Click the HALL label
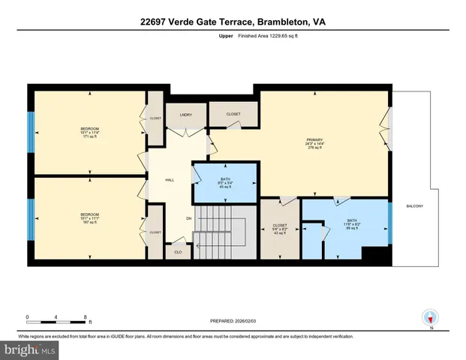coord(170,180)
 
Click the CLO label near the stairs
coord(178,252)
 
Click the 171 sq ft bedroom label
coord(89,133)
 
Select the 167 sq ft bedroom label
coord(89,218)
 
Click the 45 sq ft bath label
coord(224,183)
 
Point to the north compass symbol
coord(430,318)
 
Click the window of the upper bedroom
coord(31,132)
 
